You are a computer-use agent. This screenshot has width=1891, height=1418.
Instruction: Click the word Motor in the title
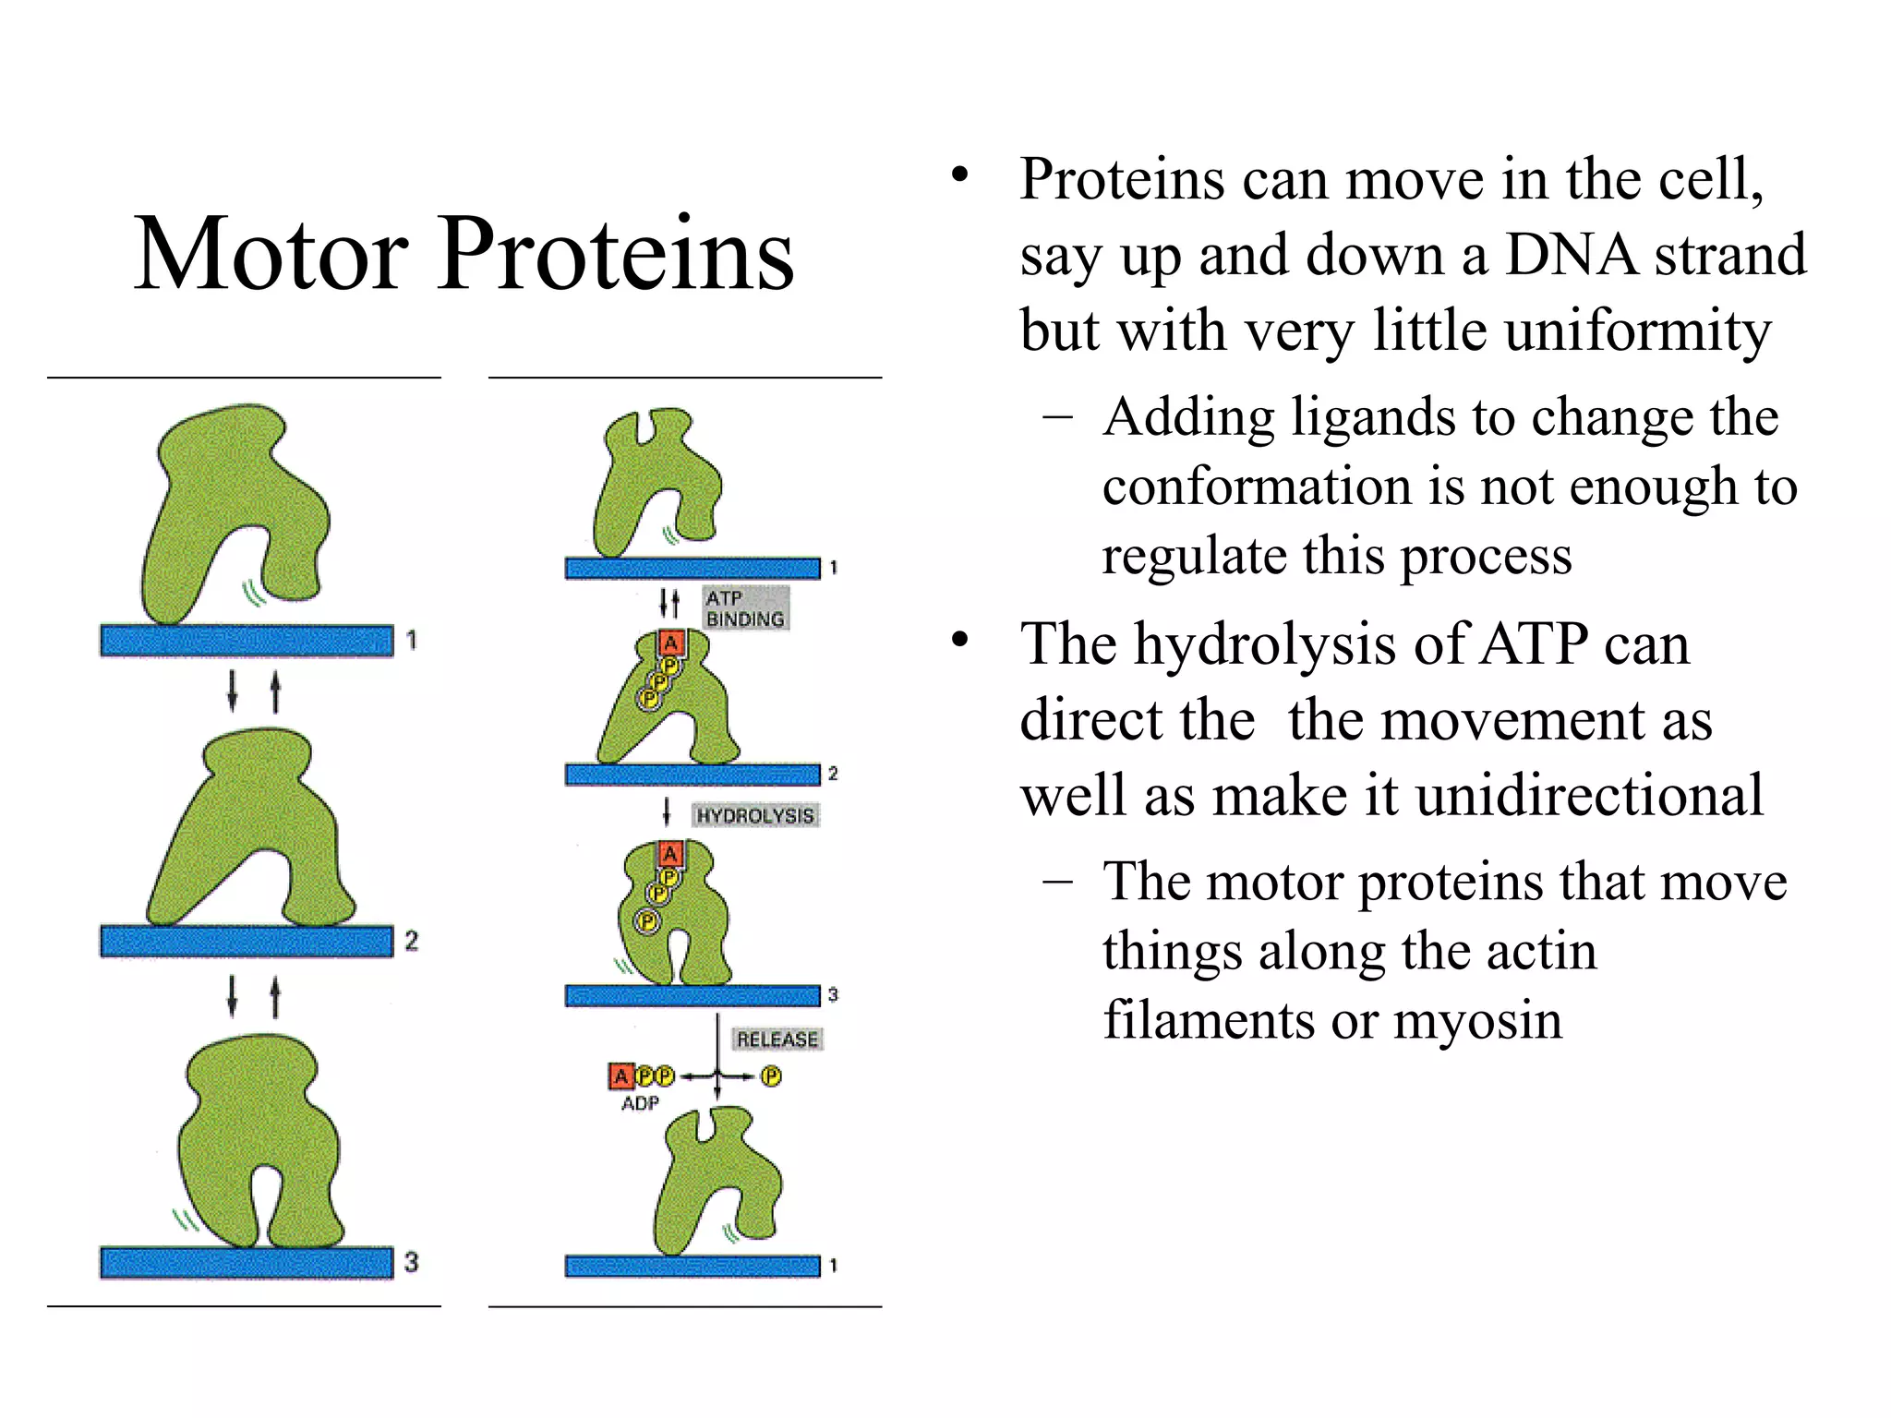click(x=271, y=254)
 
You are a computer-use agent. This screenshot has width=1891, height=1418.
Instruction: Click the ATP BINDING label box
click(x=744, y=608)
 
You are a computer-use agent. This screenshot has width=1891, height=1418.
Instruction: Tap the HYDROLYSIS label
click(x=755, y=816)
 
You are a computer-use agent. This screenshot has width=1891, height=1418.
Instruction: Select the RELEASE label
click(x=777, y=1039)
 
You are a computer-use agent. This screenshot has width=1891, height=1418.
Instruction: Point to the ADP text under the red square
click(x=640, y=1104)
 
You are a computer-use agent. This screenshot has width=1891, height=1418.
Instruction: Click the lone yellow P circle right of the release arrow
click(x=771, y=1076)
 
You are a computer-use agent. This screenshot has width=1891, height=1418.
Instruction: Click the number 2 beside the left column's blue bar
click(x=411, y=941)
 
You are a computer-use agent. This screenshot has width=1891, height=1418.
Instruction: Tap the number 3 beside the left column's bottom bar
click(x=411, y=1262)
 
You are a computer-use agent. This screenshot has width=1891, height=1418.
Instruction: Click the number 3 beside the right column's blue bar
click(x=833, y=995)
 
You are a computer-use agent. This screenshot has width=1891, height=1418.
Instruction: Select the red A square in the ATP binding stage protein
click(x=671, y=643)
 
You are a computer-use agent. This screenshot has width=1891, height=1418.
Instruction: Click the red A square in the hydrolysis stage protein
click(x=670, y=854)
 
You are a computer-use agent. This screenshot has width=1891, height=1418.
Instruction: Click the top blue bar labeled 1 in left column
click(x=247, y=640)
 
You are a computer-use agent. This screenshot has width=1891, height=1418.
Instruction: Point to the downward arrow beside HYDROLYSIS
click(x=667, y=813)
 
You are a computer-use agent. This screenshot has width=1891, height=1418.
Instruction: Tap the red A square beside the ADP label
click(x=620, y=1076)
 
